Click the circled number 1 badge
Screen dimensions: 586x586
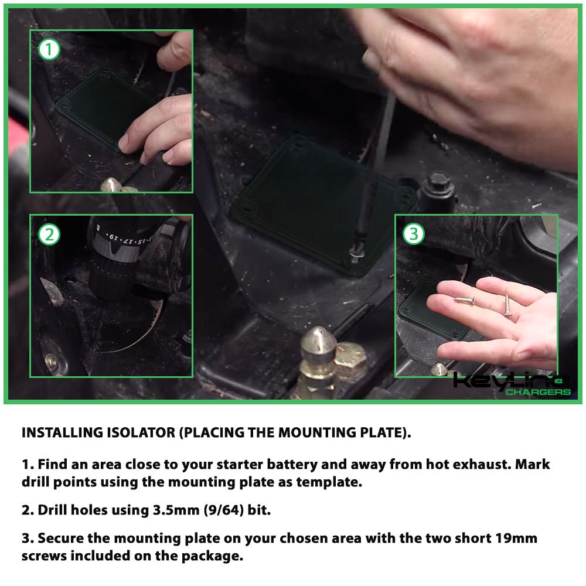[49, 49]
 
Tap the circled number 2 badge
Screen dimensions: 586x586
[49, 235]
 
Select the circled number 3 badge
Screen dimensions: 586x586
[414, 234]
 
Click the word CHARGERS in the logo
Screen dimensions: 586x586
[538, 391]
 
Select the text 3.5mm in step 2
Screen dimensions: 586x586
[176, 510]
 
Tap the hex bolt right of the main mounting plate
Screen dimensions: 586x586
[438, 187]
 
